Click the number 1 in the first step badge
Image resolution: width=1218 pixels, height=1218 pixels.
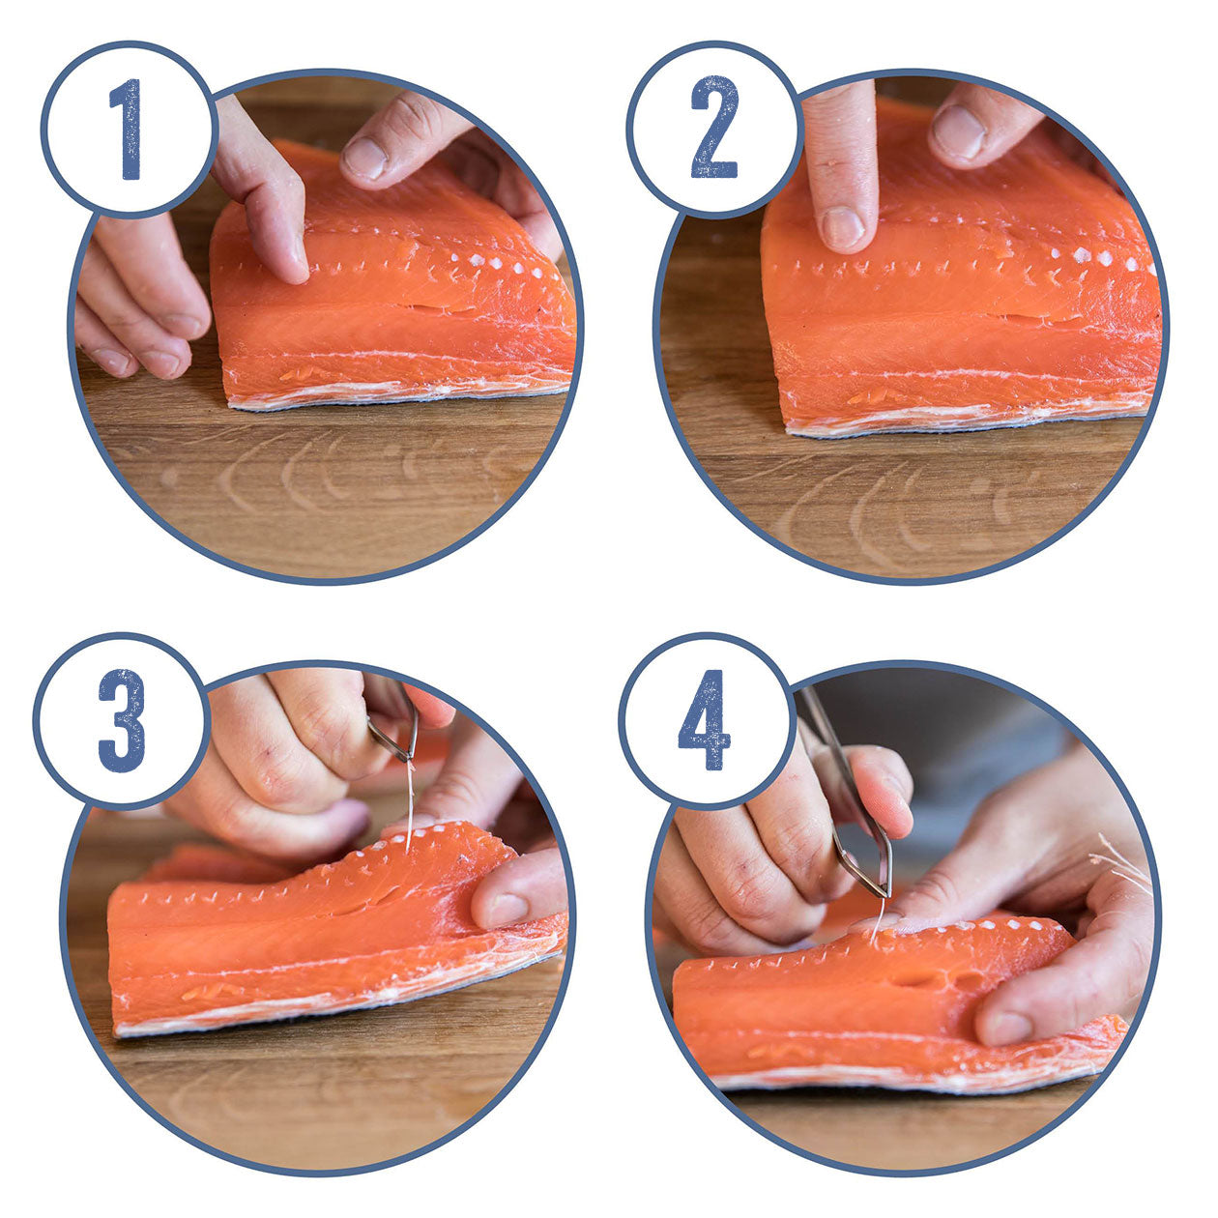click(x=127, y=130)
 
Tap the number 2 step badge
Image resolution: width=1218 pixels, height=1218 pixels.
click(x=714, y=128)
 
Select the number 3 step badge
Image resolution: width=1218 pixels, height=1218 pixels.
click(x=121, y=720)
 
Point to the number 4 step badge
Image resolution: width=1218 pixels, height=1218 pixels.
click(x=704, y=720)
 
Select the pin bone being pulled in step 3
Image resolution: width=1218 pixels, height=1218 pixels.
click(x=410, y=802)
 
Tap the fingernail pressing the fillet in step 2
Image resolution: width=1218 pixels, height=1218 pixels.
click(x=842, y=228)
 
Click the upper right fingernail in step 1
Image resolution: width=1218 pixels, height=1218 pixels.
click(x=365, y=159)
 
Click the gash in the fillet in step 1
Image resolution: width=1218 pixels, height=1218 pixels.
click(x=440, y=309)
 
